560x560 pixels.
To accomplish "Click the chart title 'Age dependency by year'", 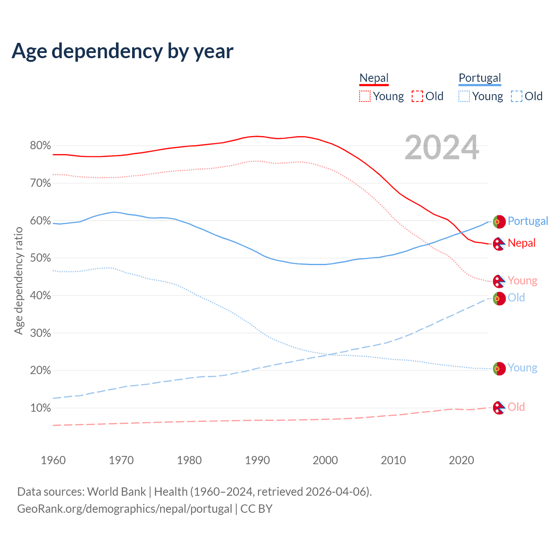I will click(122, 51).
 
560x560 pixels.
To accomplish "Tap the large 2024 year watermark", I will click(442, 148).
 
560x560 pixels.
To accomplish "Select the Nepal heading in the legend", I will click(374, 78).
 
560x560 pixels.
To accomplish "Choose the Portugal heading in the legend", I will click(479, 78).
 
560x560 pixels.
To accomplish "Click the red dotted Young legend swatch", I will click(365, 96).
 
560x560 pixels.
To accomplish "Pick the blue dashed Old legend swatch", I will click(517, 96).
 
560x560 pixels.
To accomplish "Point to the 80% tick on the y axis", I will click(40, 146).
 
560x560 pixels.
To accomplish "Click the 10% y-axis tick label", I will click(40, 408).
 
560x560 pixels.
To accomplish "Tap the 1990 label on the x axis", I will click(257, 460).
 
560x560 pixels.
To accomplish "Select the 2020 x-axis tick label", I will click(462, 460).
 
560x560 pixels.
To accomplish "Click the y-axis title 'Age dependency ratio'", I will click(18, 280).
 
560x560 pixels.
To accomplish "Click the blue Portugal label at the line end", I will click(528, 221).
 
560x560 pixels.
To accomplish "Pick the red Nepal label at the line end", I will click(521, 243).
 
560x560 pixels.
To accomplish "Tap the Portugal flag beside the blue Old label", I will click(499, 299).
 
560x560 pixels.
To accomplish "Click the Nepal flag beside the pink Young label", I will click(499, 281).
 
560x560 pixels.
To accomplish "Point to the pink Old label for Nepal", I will click(516, 407).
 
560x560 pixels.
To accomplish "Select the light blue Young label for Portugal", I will click(522, 368).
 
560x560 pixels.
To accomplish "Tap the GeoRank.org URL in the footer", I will click(125, 509).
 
